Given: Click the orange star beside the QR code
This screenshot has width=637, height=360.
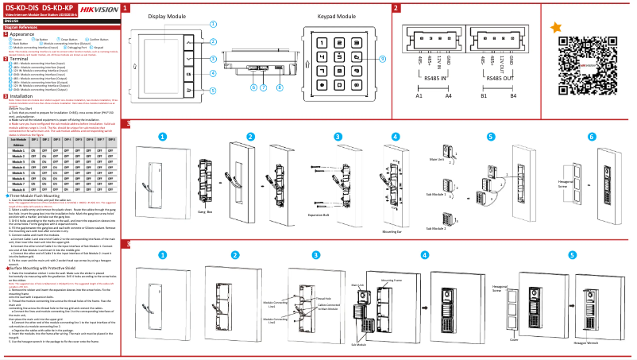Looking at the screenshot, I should point(556,27).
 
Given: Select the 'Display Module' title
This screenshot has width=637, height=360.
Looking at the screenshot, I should point(167,16).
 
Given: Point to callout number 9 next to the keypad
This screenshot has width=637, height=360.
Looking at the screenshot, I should point(382,59).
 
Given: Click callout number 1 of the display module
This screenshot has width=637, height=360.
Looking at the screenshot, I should point(213,24).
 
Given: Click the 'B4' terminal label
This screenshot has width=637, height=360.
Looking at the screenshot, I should point(513,95).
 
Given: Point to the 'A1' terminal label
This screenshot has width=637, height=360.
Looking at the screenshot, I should point(419,95).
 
